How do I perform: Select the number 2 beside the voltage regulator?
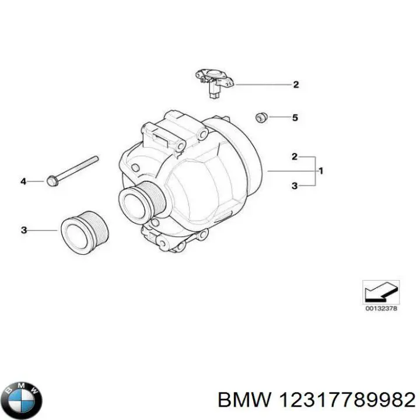pos(296,85)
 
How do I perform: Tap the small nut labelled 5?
pos(261,117)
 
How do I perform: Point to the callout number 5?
pos(295,118)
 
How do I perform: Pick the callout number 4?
pos(24,182)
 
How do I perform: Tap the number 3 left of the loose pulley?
pos(24,231)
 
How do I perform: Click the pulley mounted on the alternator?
pos(139,202)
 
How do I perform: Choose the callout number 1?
pos(321,171)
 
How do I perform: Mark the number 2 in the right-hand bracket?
pos(295,156)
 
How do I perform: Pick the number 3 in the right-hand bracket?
pos(295,185)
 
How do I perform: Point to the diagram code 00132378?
pos(381,309)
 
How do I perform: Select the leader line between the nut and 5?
pos(278,118)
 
